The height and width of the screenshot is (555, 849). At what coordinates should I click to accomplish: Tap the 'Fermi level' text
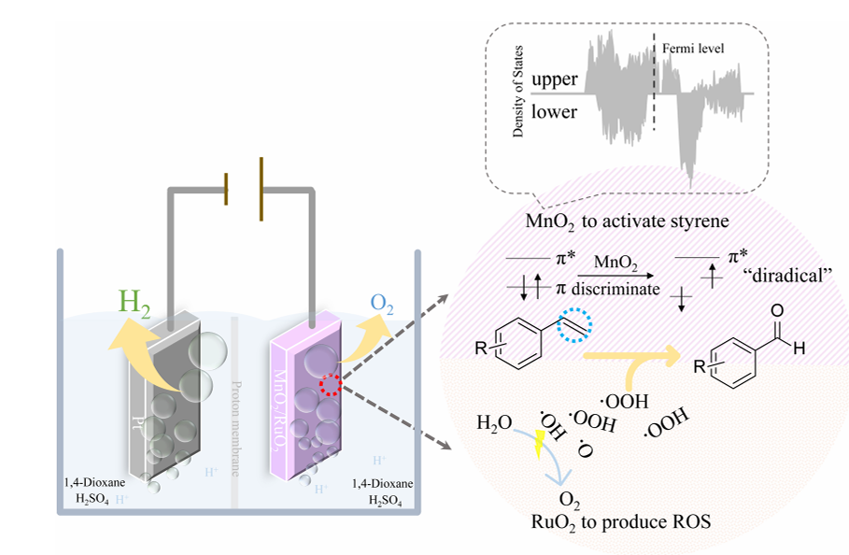point(692,47)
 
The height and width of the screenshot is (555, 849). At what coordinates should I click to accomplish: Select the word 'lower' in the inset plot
point(555,112)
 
